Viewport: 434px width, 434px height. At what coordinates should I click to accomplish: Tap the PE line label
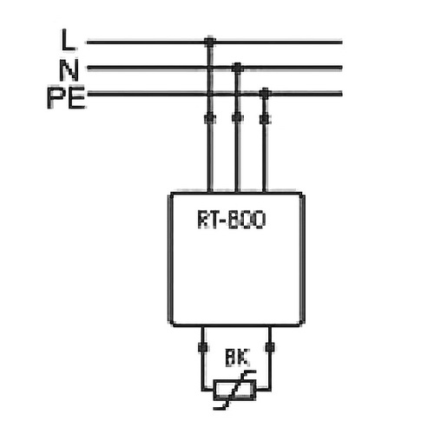tap(65, 97)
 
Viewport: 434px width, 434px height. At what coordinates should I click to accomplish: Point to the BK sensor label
tap(235, 355)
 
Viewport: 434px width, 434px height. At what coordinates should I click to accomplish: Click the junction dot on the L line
tap(209, 41)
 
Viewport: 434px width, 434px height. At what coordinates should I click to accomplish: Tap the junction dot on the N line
tap(237, 66)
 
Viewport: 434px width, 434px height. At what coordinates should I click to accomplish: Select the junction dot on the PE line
tap(265, 92)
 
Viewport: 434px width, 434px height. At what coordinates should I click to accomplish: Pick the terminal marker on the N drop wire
tap(237, 117)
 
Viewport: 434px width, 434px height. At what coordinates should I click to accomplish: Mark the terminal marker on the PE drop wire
tap(265, 117)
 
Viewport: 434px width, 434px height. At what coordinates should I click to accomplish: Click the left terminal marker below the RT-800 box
tap(202, 347)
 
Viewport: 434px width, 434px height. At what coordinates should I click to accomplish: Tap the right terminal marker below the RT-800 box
tap(270, 347)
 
